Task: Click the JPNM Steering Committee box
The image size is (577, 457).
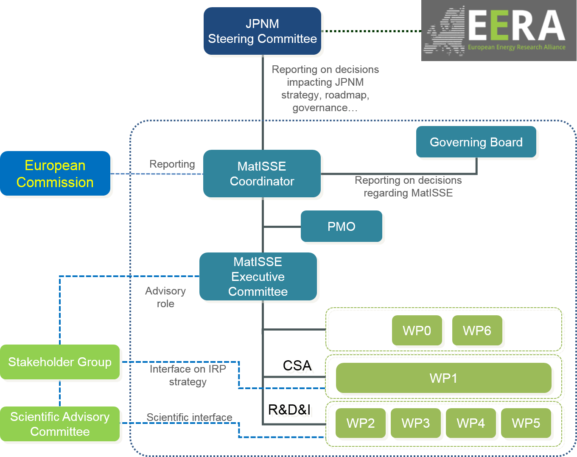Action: pyautogui.click(x=262, y=31)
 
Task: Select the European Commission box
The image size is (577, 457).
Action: pyautogui.click(x=55, y=174)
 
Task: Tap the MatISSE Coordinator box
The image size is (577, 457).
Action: pyautogui.click(x=262, y=174)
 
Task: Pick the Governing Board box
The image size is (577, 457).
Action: pyautogui.click(x=476, y=142)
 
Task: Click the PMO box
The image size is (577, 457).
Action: pyautogui.click(x=342, y=227)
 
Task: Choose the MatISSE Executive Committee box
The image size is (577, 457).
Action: pyautogui.click(x=258, y=277)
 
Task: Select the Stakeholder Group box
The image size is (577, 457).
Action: pyautogui.click(x=60, y=362)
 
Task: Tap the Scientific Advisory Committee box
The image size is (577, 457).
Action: pyautogui.click(x=60, y=424)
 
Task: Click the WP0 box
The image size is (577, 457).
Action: pyautogui.click(x=417, y=331)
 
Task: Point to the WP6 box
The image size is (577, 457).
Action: pyautogui.click(x=477, y=331)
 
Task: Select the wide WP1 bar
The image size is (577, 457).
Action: pyautogui.click(x=443, y=378)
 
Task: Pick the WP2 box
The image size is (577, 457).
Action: pyautogui.click(x=361, y=423)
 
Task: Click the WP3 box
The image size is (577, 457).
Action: pyautogui.click(x=416, y=423)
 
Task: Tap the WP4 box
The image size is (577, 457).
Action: pyautogui.click(x=471, y=423)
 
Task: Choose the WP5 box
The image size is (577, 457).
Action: pyautogui.click(x=526, y=423)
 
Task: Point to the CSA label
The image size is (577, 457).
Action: pyautogui.click(x=300, y=368)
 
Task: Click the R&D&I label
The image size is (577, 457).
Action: pyautogui.click(x=292, y=412)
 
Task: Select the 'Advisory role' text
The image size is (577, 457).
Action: pyautogui.click(x=165, y=297)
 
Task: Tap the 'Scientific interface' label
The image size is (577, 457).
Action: pyautogui.click(x=189, y=418)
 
